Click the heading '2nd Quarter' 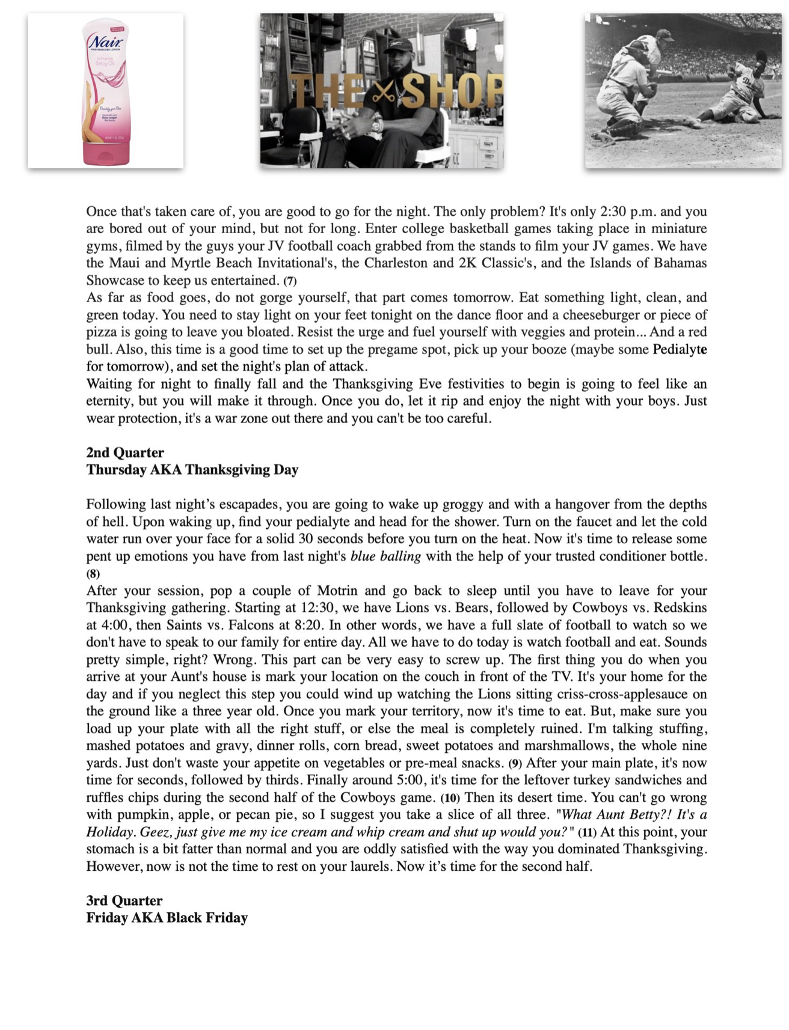(x=125, y=453)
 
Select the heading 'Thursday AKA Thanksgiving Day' (x=192, y=469)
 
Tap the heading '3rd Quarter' (x=124, y=900)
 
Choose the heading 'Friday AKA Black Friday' (x=167, y=918)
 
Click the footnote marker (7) (x=290, y=281)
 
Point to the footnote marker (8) (x=93, y=573)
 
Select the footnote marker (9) (x=515, y=764)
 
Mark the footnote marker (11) (x=587, y=832)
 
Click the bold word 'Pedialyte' (x=680, y=349)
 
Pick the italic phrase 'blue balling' (x=385, y=556)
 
